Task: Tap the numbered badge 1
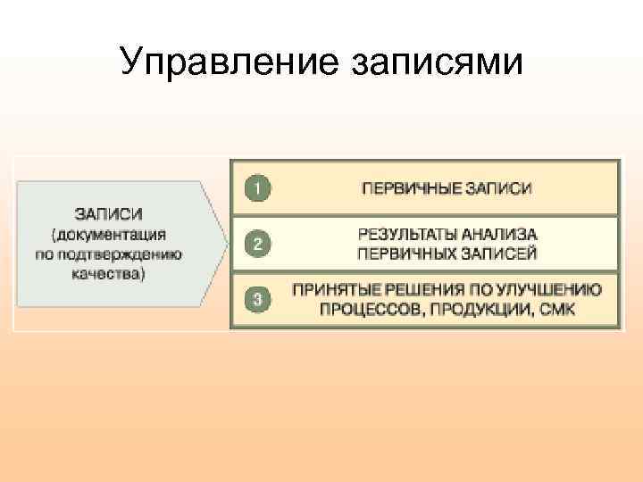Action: [x=257, y=188]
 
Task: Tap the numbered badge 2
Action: [x=257, y=244]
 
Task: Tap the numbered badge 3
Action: [x=257, y=300]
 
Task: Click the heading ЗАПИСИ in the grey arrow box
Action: [x=108, y=214]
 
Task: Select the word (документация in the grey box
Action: [x=109, y=235]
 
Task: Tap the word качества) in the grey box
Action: [x=109, y=274]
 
